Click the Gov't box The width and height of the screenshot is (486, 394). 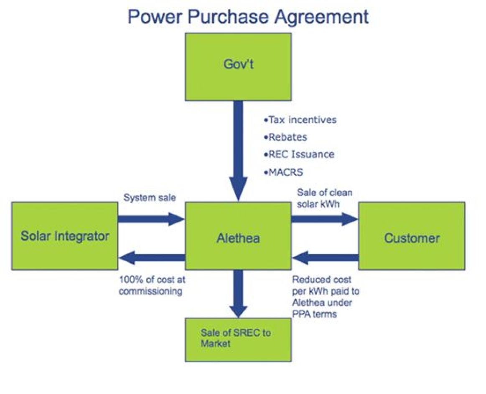(x=238, y=67)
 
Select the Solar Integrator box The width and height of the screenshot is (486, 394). (x=65, y=236)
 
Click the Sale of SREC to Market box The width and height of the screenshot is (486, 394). (x=238, y=339)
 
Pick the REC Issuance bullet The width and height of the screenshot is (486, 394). (x=299, y=154)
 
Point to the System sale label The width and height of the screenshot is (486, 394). (x=150, y=197)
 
